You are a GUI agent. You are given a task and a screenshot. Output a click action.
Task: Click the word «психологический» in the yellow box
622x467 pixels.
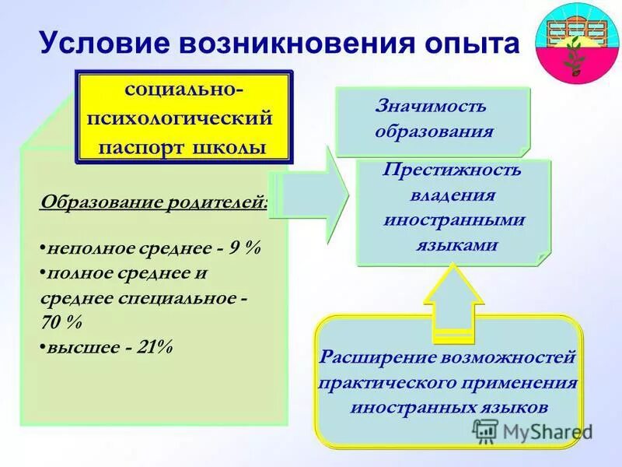pyautogui.click(x=183, y=119)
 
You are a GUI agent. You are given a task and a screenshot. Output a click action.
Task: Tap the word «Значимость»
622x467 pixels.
pyautogui.click(x=432, y=106)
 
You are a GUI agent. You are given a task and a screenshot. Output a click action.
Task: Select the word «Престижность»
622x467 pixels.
pyautogui.click(x=452, y=170)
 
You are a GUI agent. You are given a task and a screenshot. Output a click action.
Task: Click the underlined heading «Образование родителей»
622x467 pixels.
pyautogui.click(x=153, y=203)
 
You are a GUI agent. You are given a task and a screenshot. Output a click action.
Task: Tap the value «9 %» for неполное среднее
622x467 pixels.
pyautogui.click(x=245, y=248)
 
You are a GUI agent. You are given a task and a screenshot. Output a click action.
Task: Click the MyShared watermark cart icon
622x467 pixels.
pyautogui.click(x=485, y=430)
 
